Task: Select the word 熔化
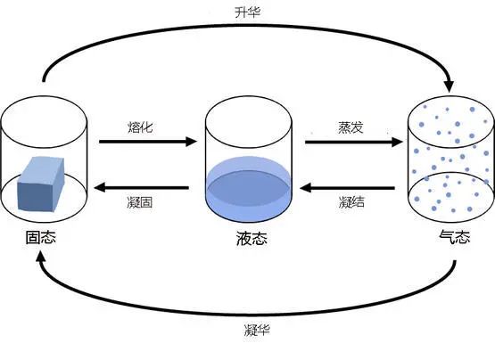140,127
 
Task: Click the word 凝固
140,203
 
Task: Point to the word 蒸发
346,127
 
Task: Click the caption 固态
43,238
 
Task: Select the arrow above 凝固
143,188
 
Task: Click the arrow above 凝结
348,188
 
